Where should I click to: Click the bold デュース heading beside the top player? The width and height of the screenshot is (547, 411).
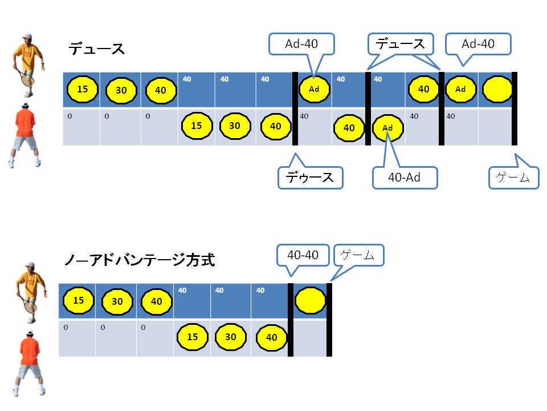97,49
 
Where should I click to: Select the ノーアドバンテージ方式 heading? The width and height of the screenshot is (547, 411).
139,260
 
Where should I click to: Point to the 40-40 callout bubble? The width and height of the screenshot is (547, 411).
303,255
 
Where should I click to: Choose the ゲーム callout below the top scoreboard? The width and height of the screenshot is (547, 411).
513,177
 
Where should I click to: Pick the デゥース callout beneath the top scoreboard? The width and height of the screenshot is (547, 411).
311,177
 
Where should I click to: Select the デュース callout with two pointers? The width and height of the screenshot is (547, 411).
399,43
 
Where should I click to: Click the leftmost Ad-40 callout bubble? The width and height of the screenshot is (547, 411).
302,43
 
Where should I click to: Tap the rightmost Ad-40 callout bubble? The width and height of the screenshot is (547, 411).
478,43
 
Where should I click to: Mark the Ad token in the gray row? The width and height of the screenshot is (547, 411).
387,128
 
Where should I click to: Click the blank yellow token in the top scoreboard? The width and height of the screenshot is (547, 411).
497,89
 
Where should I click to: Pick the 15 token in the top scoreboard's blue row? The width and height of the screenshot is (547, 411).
82,89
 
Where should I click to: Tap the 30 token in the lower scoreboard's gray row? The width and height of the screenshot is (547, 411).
230,337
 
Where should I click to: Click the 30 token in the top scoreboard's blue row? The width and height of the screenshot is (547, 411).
121,90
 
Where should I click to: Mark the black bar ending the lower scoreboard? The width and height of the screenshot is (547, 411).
329,320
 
